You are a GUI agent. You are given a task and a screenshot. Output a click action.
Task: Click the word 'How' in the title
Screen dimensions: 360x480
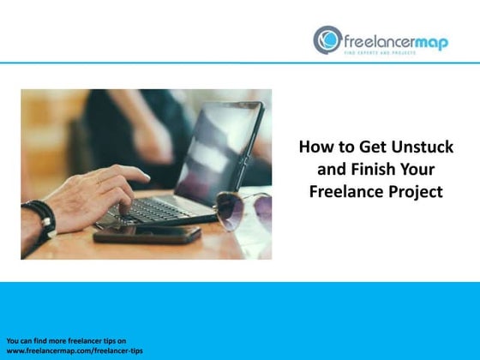pyautogui.click(x=315, y=147)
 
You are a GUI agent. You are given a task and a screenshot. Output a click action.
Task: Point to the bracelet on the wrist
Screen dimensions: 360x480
pyautogui.click(x=39, y=218)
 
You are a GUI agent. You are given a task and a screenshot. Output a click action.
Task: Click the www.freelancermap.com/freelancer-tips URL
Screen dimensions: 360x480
pyautogui.click(x=75, y=352)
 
